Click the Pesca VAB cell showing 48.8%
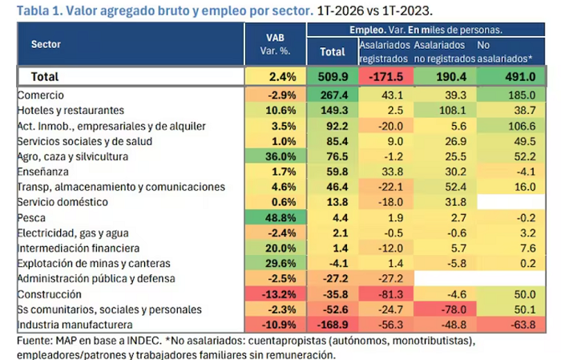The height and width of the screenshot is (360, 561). click(x=276, y=217)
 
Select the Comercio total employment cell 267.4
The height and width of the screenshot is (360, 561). click(x=333, y=95)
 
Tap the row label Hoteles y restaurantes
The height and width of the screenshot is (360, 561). click(x=71, y=110)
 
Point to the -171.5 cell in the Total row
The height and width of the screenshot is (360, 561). click(x=385, y=76)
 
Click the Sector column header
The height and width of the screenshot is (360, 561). click(x=46, y=44)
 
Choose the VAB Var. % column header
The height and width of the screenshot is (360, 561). click(x=275, y=44)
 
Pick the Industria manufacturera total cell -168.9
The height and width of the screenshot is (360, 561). click(x=333, y=325)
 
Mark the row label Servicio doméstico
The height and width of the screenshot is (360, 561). click(x=63, y=202)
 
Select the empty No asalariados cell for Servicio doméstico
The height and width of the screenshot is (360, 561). click(x=511, y=202)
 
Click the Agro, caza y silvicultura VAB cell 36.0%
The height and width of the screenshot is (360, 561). click(x=276, y=156)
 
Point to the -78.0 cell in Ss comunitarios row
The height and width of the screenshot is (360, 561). click(x=445, y=309)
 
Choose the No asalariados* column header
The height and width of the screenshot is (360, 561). click(x=504, y=51)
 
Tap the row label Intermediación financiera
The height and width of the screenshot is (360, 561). click(x=79, y=248)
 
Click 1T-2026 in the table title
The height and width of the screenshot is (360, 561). click(x=341, y=10)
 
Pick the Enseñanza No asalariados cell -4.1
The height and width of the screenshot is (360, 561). click(x=511, y=172)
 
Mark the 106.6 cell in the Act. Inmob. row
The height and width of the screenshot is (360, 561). click(x=511, y=126)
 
